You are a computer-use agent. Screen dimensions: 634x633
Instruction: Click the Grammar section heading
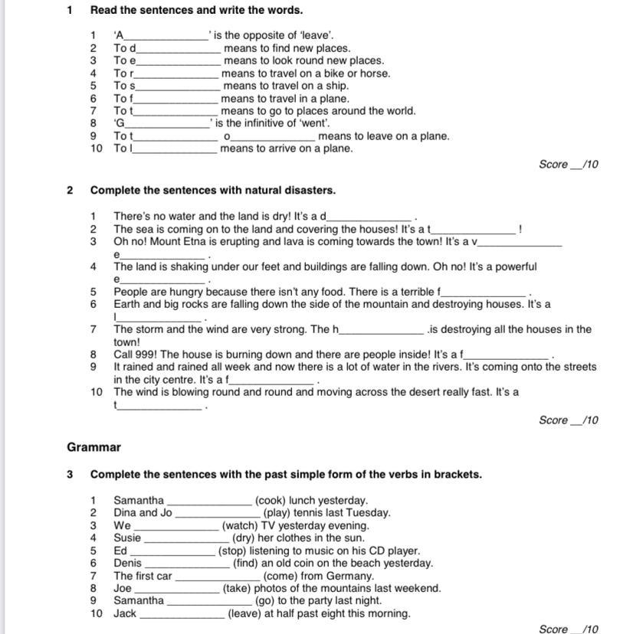pos(93,447)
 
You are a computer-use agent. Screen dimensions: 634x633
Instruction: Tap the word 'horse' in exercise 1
pos(374,74)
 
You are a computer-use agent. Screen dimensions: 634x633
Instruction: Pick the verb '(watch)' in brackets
pos(241,526)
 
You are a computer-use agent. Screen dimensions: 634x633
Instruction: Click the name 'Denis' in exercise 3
pos(128,563)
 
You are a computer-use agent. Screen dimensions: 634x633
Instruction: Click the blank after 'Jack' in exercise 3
pos(182,614)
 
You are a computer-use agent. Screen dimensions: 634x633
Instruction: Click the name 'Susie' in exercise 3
pos(128,538)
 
